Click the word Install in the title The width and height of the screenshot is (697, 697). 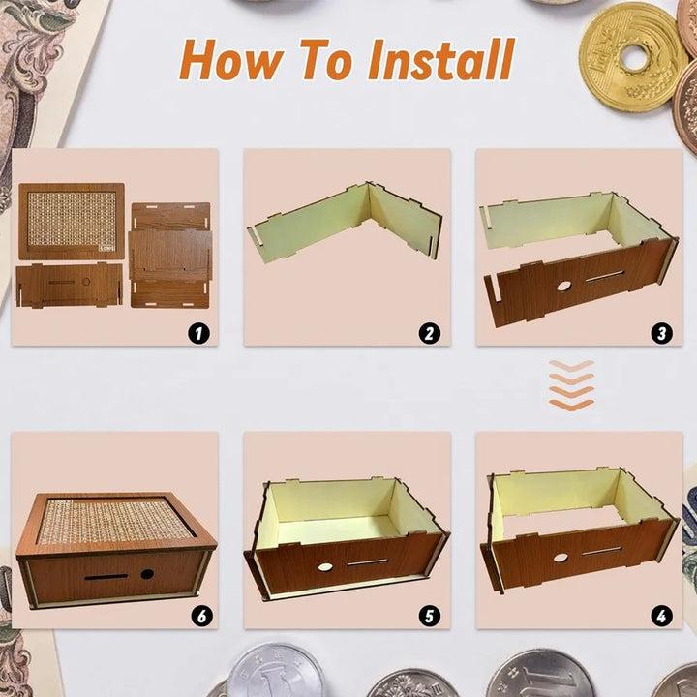(440, 59)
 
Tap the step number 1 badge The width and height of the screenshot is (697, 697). (198, 333)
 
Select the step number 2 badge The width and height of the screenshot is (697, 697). (429, 333)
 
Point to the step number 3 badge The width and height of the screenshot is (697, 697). (662, 333)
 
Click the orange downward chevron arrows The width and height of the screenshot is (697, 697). (570, 386)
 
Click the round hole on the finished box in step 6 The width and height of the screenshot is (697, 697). (146, 574)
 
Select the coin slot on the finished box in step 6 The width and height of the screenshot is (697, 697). (102, 577)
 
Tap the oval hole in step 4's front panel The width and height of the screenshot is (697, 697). (561, 558)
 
